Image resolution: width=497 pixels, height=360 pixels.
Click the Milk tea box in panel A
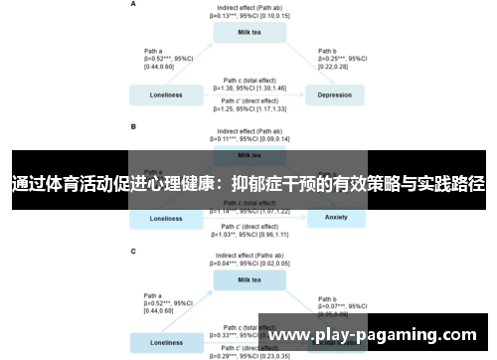click(248, 32)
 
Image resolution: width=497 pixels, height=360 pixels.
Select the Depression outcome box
click(334, 95)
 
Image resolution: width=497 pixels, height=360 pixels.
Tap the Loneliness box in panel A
click(166, 95)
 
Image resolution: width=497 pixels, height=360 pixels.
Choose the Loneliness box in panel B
click(166, 218)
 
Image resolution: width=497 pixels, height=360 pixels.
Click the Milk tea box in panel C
click(248, 280)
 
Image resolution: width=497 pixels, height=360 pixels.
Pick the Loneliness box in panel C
click(166, 343)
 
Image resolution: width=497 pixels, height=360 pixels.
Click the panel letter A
click(134, 4)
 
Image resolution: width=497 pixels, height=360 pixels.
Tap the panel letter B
click(134, 127)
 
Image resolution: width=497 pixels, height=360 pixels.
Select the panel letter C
click(134, 252)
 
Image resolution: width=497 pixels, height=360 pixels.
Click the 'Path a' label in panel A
click(154, 49)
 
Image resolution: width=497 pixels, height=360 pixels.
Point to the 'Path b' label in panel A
click(327, 49)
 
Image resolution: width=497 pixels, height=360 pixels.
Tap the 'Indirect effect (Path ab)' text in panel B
click(248, 131)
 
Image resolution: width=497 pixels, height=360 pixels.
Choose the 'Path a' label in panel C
click(154, 295)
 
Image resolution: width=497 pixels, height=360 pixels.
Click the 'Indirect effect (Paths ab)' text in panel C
click(248, 256)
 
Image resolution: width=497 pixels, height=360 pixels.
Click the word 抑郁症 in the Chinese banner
click(259, 184)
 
